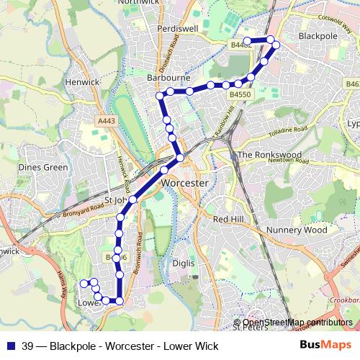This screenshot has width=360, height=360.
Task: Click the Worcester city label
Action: click(x=185, y=183)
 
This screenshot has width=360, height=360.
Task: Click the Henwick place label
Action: click(x=82, y=82)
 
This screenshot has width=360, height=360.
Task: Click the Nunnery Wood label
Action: click(x=297, y=230)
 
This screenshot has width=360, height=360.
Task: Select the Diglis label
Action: click(x=184, y=264)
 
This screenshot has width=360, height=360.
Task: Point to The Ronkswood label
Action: click(x=268, y=155)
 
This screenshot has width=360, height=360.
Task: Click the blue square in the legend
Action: click(x=10, y=344)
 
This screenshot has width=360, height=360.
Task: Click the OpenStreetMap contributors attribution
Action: click(x=297, y=323)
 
